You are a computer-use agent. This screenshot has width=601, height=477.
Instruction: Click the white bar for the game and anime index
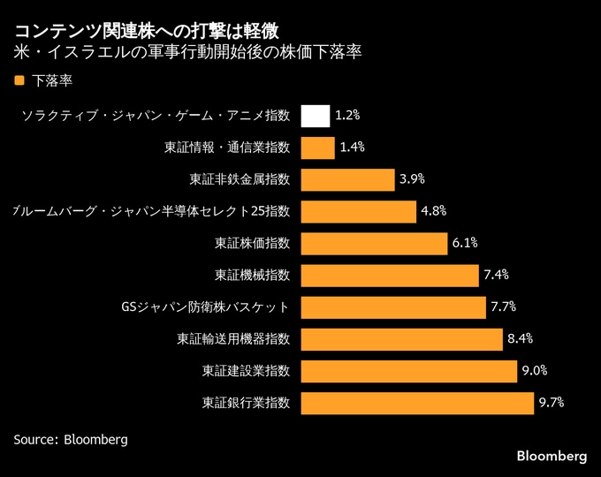pyautogui.click(x=316, y=116)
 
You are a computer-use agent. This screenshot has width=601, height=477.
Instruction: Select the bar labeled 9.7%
pyautogui.click(x=417, y=403)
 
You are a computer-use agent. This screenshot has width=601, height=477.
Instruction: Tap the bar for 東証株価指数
pyautogui.click(x=374, y=243)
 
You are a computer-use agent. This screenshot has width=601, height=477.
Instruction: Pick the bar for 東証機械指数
pyautogui.click(x=390, y=275)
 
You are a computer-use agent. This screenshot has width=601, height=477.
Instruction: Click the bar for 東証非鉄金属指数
pyautogui.click(x=347, y=179)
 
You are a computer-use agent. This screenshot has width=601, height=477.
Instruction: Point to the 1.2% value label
pyautogui.click(x=348, y=116)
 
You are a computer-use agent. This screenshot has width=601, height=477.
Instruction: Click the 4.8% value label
pyautogui.click(x=433, y=211)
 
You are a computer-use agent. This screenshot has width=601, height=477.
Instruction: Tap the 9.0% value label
pyautogui.click(x=535, y=370)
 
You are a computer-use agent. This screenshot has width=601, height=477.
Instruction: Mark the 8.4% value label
pyautogui.click(x=520, y=338)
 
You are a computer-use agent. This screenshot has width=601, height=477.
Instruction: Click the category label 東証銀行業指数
pyautogui.click(x=246, y=403)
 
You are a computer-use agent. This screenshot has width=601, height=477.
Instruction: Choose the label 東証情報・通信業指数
pyautogui.click(x=227, y=148)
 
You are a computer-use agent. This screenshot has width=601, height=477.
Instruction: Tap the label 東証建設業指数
pyautogui.click(x=246, y=371)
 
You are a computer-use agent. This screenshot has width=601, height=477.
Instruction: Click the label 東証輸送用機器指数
pyautogui.click(x=233, y=339)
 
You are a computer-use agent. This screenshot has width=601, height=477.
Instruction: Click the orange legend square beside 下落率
pyautogui.click(x=19, y=80)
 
